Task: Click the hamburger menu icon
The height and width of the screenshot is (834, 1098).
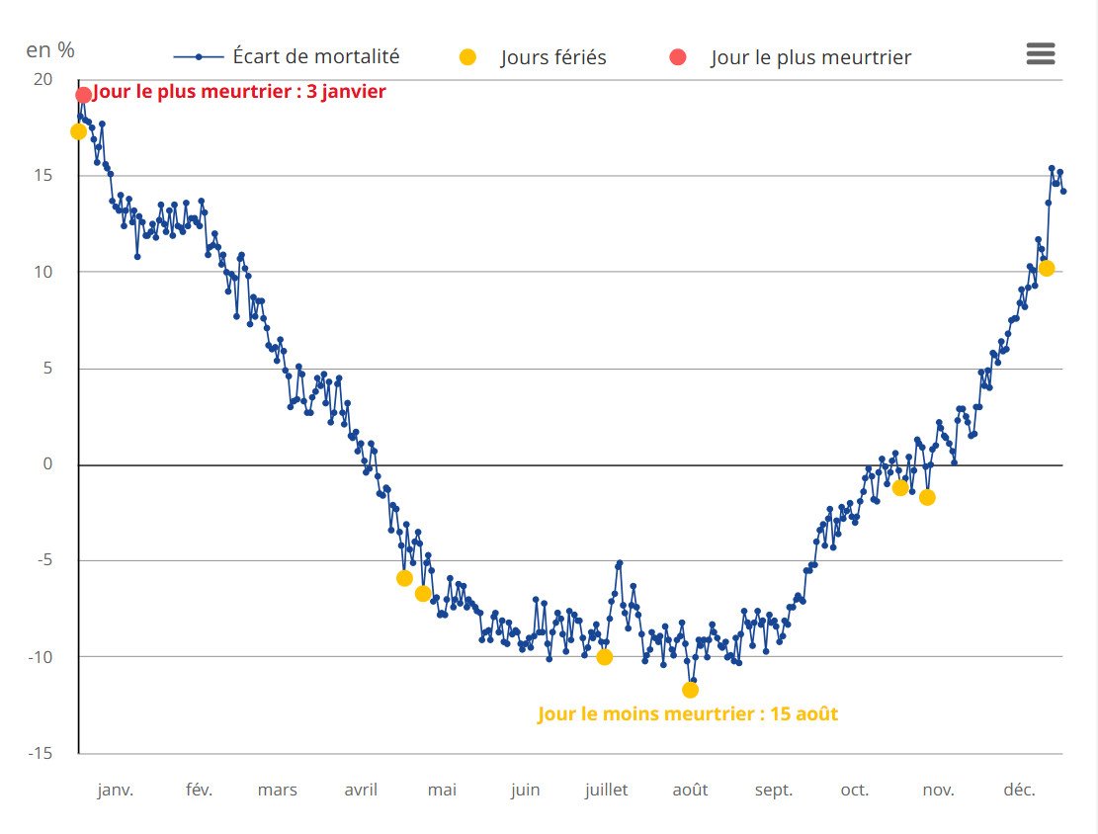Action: click(x=1041, y=54)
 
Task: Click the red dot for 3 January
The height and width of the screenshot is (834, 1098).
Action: click(x=84, y=95)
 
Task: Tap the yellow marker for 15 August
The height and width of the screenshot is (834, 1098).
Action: click(x=690, y=690)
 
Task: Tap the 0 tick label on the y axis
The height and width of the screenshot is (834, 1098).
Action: click(x=47, y=464)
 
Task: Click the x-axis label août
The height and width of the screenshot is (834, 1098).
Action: click(x=690, y=790)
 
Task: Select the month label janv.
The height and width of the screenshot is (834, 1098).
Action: click(x=116, y=790)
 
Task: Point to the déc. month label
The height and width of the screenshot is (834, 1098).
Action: click(x=1019, y=790)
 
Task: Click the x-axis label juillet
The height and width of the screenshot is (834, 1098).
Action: click(x=607, y=790)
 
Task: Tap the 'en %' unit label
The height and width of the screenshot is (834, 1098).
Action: click(x=50, y=48)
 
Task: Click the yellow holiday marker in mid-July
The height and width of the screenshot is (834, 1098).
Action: click(x=604, y=657)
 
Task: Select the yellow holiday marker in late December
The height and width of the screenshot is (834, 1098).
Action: click(x=1047, y=268)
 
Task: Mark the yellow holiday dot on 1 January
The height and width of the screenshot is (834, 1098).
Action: click(x=78, y=131)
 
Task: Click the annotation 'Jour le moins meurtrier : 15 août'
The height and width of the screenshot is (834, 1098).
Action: click(x=688, y=713)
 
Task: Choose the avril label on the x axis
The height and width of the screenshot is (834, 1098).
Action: click(x=361, y=790)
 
